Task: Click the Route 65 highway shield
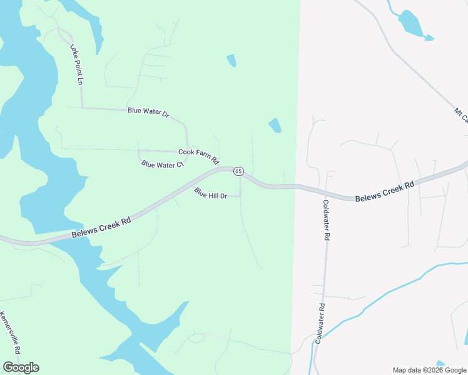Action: click(238, 171)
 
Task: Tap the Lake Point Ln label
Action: click(76, 64)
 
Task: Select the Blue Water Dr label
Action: click(148, 112)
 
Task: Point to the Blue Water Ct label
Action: click(162, 165)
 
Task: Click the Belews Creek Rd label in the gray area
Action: click(385, 191)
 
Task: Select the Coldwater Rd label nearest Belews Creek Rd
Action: click(326, 221)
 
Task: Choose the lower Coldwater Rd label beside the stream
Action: click(320, 323)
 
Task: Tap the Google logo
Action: click(21, 367)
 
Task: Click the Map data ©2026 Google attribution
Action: click(429, 370)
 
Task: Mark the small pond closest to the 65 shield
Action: click(275, 126)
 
